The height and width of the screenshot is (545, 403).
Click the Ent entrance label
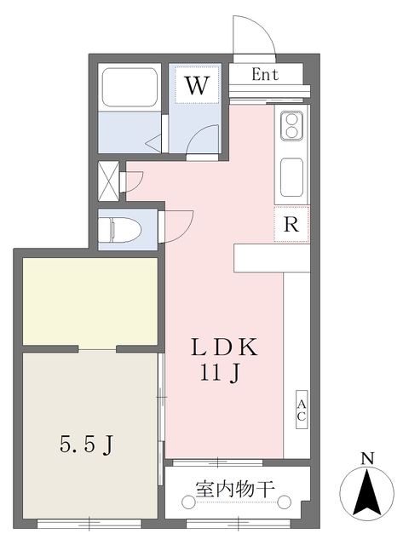pos(266,74)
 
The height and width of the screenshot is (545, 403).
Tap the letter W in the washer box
pos(197,85)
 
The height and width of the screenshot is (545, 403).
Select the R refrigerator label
pos(291,226)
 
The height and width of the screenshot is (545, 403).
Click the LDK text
pos(223,347)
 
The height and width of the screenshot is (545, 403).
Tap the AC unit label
pos(301,410)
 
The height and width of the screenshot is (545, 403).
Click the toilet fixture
pos(120,229)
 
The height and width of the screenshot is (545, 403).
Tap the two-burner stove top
pos(290,127)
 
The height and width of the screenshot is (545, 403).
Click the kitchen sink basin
pos(291,174)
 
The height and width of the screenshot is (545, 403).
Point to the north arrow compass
pos(367,494)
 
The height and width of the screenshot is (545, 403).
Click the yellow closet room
pos(89,301)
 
